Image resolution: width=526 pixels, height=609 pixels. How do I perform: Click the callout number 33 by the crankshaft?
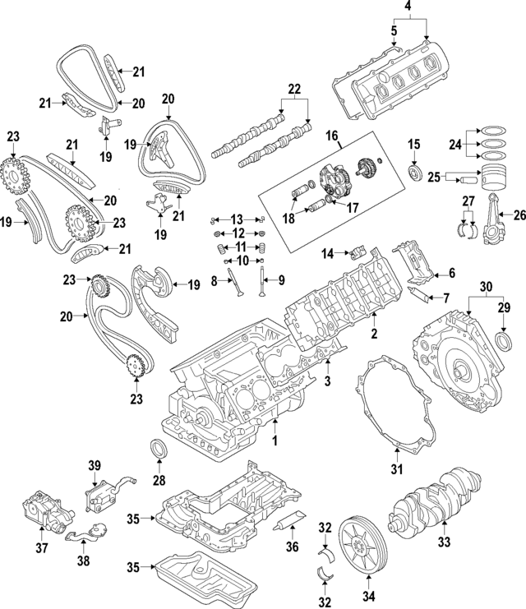445,543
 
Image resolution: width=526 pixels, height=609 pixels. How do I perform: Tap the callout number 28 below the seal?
159,479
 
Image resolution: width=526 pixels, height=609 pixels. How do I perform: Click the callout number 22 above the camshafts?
294,88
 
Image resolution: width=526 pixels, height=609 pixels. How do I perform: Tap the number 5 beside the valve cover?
394,31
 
